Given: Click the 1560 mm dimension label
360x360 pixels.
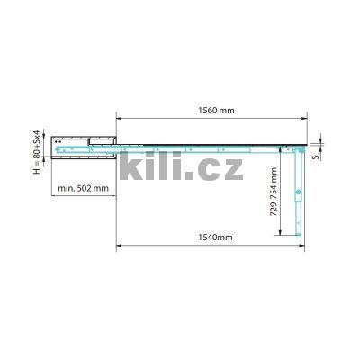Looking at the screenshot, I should pos(213,111).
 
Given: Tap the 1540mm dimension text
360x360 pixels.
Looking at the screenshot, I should pos(212,237).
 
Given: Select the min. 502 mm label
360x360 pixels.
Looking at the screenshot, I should pos(84,188).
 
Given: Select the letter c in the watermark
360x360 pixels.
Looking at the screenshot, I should pos(205,169).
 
